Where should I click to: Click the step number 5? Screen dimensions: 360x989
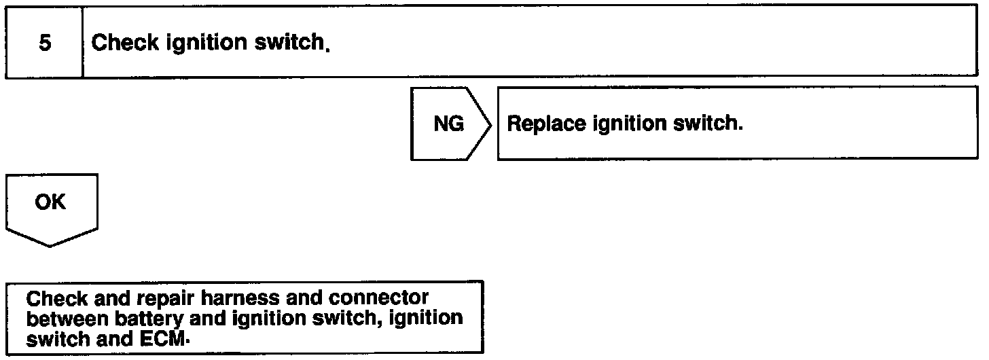click(44, 43)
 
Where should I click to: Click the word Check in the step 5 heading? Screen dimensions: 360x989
click(119, 43)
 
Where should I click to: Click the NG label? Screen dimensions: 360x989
click(448, 124)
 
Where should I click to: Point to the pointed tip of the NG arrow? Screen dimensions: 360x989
click(490, 124)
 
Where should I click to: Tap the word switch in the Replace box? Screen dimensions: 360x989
click(709, 125)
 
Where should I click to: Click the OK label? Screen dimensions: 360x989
click(52, 202)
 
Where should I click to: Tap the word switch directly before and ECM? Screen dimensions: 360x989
click(58, 338)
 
